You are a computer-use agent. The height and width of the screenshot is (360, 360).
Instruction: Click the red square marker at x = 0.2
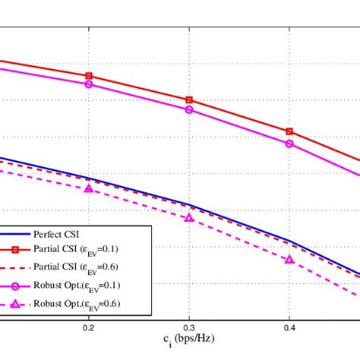coord(89,76)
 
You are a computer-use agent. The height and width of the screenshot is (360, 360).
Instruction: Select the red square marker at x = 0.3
coord(189,100)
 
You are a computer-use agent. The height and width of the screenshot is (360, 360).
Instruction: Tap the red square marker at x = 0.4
coord(289,131)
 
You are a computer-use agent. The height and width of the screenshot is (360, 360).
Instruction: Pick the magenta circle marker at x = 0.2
coord(89,84)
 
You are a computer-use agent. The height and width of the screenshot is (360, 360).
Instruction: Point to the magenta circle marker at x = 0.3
coord(189,110)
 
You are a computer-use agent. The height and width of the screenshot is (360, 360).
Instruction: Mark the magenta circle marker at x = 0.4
coord(289,144)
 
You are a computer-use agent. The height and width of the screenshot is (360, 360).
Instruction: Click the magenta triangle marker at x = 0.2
coord(89,188)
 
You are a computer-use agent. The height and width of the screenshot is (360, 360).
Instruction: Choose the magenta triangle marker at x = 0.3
coord(189,217)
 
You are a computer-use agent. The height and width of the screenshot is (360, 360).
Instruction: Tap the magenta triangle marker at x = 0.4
coord(289,259)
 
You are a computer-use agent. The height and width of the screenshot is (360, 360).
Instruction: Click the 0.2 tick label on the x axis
coord(89,328)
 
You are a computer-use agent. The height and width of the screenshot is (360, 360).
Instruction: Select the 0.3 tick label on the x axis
coord(189,328)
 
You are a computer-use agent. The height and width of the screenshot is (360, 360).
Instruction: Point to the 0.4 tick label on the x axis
coord(289,328)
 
